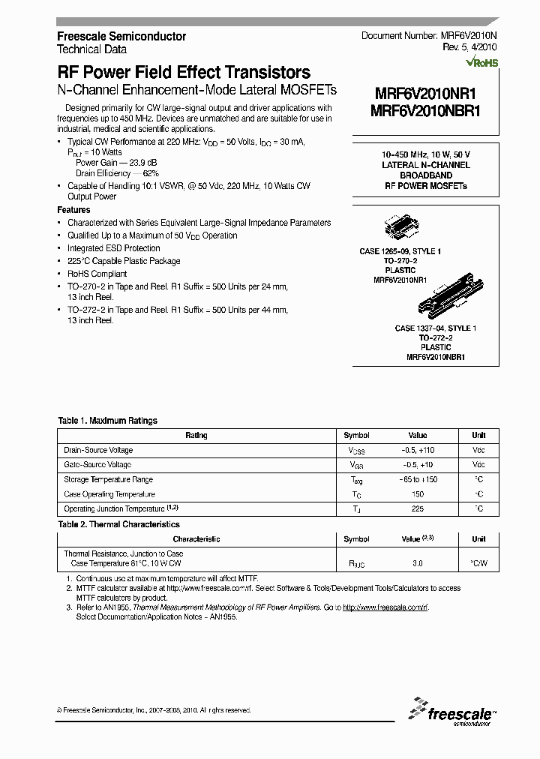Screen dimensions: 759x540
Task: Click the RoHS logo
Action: [482, 64]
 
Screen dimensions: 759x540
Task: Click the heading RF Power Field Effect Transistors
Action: [184, 73]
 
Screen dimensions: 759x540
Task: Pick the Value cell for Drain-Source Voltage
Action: [418, 450]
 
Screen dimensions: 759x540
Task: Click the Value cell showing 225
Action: [418, 509]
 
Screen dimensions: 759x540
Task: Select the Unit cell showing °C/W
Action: [478, 562]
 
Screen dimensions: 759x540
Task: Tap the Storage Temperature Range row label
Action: [109, 480]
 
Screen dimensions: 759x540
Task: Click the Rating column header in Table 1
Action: [196, 436]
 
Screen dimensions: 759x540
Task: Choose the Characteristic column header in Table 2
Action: [196, 539]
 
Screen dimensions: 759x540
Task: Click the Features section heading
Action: [73, 210]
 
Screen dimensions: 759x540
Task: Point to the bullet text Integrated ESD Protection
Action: [114, 248]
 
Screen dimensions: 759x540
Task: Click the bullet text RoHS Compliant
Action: [97, 274]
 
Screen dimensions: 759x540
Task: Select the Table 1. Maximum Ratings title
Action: [108, 421]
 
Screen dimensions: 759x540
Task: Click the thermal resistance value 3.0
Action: [418, 562]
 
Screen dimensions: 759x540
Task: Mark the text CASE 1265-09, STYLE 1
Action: [400, 252]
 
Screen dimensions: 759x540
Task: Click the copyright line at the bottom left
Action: [154, 710]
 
